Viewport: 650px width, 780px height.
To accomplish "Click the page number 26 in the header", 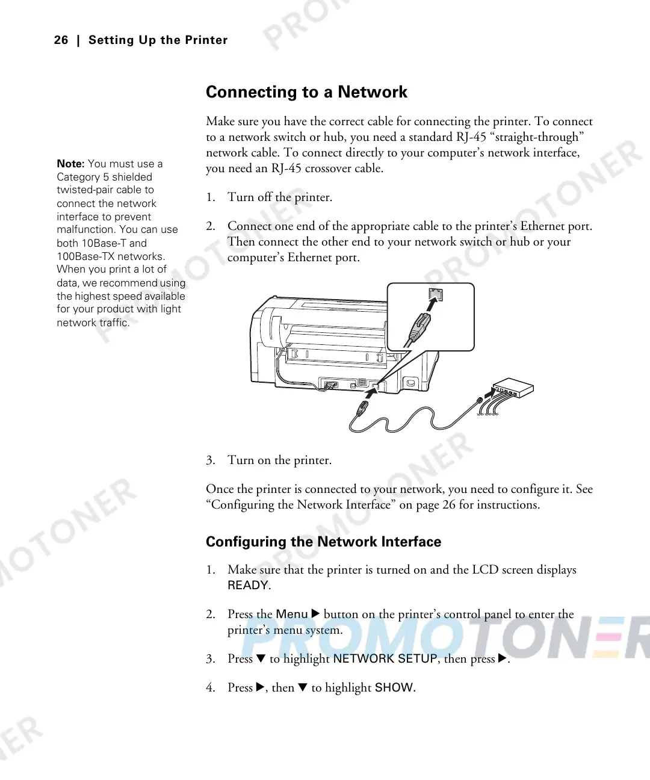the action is point(61,40).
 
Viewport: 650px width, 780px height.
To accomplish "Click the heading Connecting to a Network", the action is point(306,92).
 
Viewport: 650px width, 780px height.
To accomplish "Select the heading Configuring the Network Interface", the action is point(323,542).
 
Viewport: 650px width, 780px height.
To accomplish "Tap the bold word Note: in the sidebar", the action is point(70,164).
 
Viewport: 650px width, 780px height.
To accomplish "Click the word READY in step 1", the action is point(248,585).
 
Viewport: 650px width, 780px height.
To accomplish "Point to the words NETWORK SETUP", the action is point(385,658).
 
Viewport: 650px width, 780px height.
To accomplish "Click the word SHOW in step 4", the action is point(394,687).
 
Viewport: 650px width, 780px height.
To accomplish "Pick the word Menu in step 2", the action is point(292,614).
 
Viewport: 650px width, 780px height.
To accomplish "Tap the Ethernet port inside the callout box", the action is point(436,295).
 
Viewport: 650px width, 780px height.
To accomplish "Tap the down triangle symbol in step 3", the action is point(261,658).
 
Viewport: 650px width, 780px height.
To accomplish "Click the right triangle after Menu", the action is point(315,614).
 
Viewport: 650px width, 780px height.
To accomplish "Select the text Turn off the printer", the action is point(279,197).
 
